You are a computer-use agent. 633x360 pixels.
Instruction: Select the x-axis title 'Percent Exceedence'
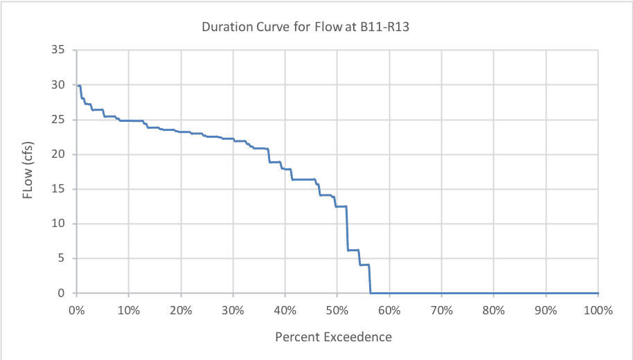(x=333, y=338)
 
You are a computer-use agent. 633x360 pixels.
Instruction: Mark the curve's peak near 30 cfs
(x=80, y=86)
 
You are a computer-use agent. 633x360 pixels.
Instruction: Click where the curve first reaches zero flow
(x=371, y=293)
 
